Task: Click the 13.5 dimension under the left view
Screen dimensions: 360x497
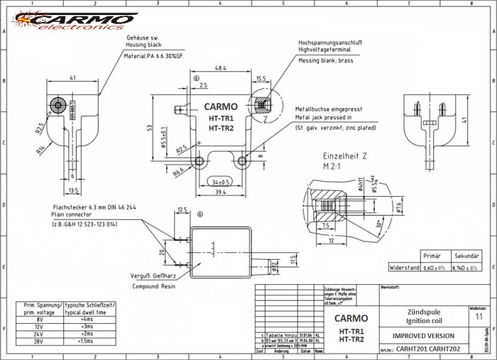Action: point(74,190)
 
